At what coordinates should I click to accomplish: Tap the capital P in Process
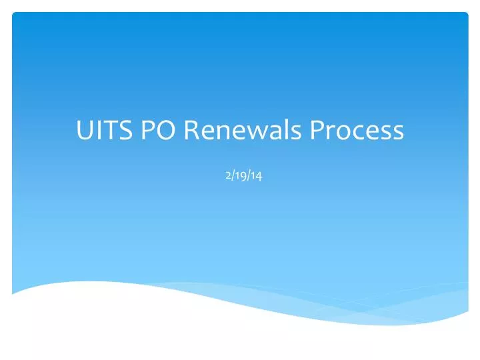point(317,130)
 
